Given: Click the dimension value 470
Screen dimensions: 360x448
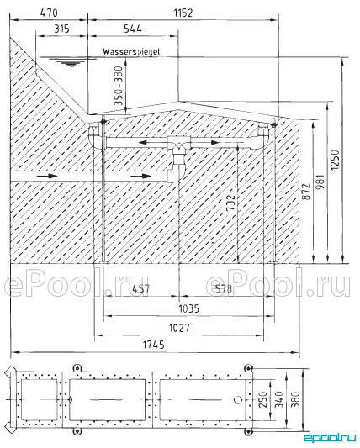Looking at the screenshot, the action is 49,13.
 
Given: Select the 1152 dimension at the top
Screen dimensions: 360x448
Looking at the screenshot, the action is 183,13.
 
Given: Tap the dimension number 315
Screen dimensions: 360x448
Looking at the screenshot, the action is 61,29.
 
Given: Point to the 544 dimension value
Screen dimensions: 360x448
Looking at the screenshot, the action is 133,29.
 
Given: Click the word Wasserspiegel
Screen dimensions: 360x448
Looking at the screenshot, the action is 131,52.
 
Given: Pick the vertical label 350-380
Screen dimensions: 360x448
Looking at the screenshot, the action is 118,86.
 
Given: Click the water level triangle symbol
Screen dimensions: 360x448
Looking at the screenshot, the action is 71,62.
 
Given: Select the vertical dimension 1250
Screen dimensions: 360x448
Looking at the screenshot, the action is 335,160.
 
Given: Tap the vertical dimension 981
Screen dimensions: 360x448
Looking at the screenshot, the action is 320,182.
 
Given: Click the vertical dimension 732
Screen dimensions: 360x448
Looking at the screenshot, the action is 230,203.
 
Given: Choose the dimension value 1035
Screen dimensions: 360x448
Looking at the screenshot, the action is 189,308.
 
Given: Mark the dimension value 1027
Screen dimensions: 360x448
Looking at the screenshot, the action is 179,328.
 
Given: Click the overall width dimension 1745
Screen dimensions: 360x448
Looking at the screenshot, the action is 154,345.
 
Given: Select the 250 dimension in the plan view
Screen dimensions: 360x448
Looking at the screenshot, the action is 263,399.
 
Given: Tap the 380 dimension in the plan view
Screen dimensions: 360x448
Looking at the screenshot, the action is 296,399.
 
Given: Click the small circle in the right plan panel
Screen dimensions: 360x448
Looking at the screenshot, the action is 238,400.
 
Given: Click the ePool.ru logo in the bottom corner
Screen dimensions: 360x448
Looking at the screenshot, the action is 329,437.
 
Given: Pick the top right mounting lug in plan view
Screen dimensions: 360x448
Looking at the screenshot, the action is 248,368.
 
